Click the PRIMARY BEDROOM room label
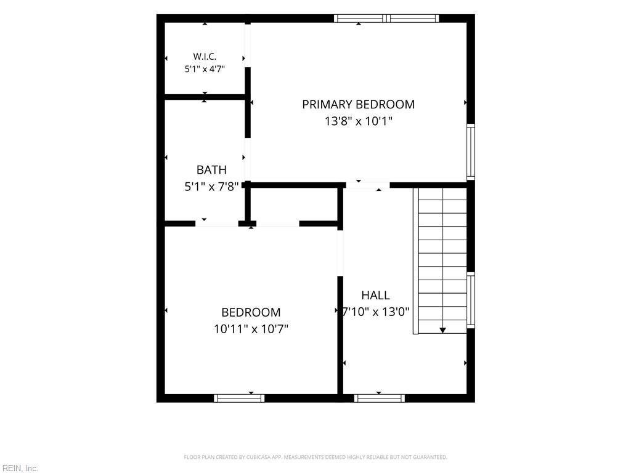point(358,105)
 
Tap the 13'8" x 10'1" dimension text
point(358,121)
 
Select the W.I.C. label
point(205,57)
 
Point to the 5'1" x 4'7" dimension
point(205,69)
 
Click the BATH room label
point(211,170)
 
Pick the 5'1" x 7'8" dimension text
point(211,187)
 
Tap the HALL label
point(375,296)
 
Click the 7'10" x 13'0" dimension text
point(375,312)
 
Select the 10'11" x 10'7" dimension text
point(251,329)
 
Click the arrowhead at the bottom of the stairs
point(442,330)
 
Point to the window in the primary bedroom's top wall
point(386,18)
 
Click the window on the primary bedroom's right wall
point(470,152)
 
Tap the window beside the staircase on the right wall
point(470,300)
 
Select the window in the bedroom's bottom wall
point(239,398)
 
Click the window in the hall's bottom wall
point(380,398)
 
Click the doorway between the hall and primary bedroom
point(368,185)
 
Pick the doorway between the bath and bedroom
point(217,224)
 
